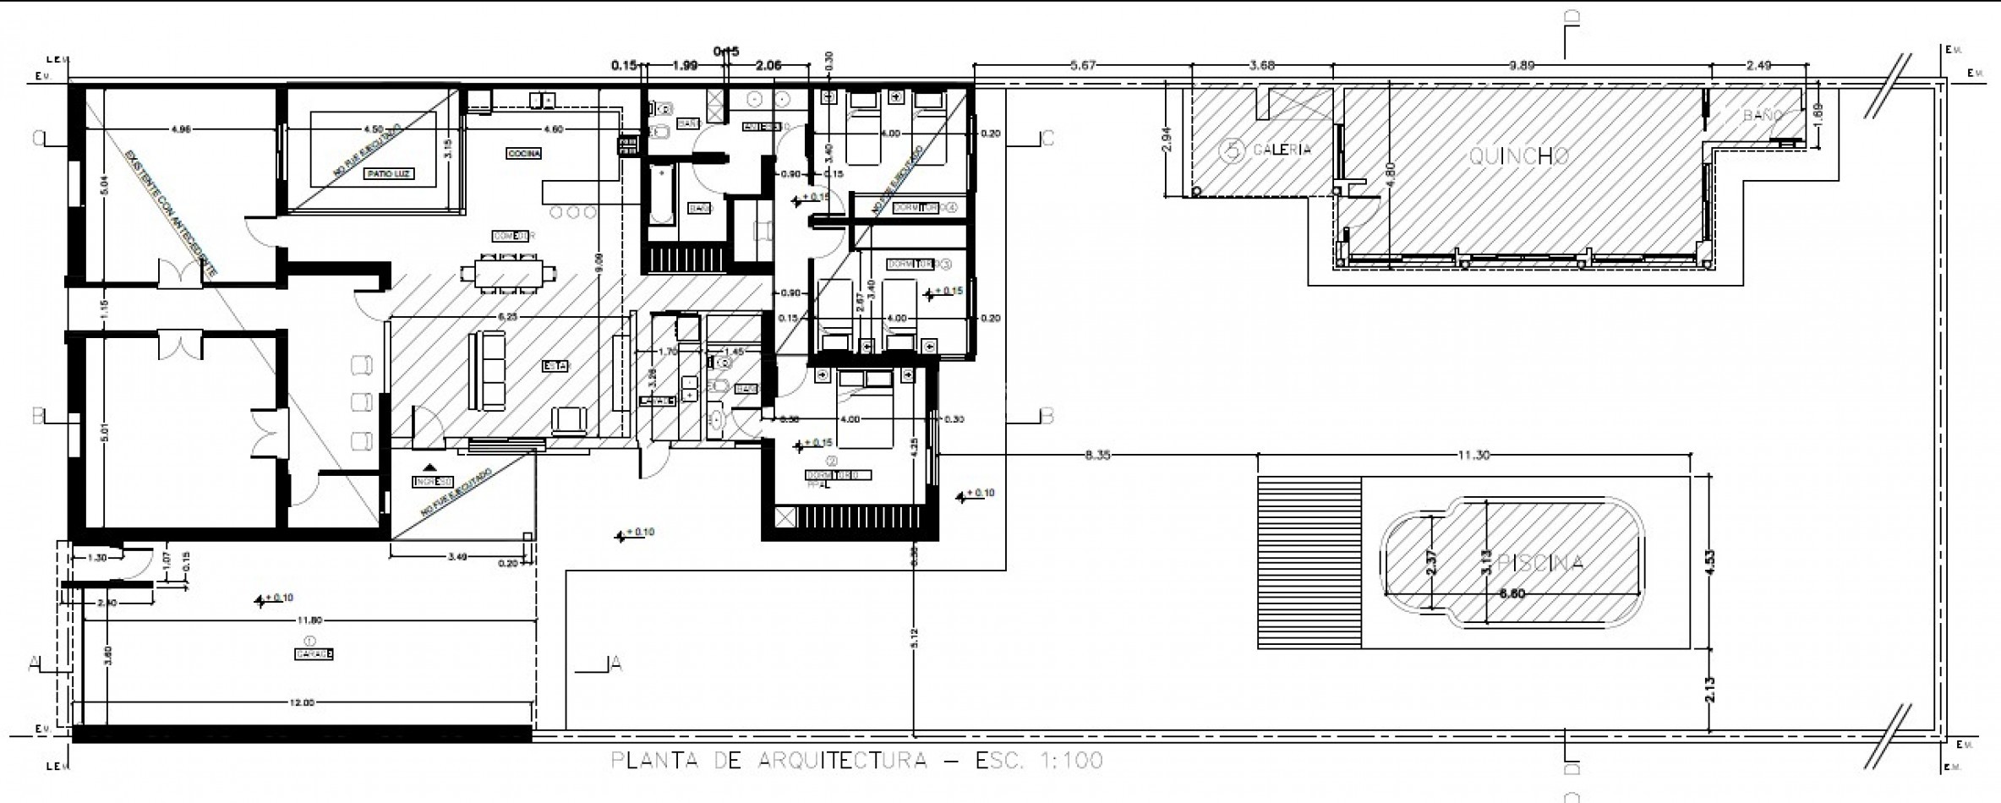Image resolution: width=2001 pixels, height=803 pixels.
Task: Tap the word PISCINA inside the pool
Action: tap(1540, 564)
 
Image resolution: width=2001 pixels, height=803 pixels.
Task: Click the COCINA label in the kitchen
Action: tap(524, 154)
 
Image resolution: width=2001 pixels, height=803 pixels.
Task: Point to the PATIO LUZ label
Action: tap(391, 174)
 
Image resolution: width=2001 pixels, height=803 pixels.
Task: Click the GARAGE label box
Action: tap(314, 654)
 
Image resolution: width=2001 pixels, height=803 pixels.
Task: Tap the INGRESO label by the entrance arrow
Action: tap(432, 482)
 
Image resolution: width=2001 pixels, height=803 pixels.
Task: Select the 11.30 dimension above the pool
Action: tap(1473, 456)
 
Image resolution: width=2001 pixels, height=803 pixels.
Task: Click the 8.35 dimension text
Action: tap(1097, 456)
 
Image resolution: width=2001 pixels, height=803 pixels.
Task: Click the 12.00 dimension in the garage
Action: tap(302, 703)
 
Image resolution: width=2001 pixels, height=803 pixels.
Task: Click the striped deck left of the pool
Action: tap(1309, 563)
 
